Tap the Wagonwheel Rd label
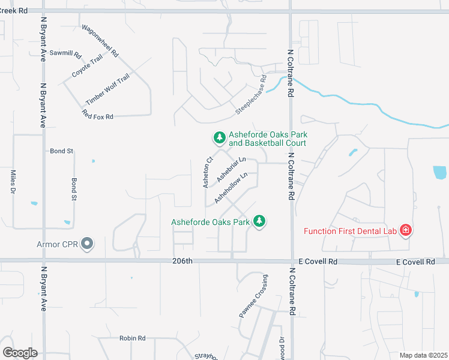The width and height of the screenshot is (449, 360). click(100, 41)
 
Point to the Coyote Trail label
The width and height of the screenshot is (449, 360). click(88, 65)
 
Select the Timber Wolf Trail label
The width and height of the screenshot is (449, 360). click(107, 89)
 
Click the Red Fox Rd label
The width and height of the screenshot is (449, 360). click(98, 116)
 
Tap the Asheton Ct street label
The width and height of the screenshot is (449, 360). click(208, 173)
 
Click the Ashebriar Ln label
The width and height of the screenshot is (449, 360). click(232, 169)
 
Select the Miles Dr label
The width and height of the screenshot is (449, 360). click(13, 182)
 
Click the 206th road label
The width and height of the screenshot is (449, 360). click(182, 261)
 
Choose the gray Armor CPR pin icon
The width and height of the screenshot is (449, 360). click(87, 244)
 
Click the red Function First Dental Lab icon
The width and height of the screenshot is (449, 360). click(406, 230)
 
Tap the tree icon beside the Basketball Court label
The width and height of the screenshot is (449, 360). click(220, 139)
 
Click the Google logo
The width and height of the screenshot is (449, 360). click(20, 352)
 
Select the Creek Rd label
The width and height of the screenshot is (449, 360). click(14, 10)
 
